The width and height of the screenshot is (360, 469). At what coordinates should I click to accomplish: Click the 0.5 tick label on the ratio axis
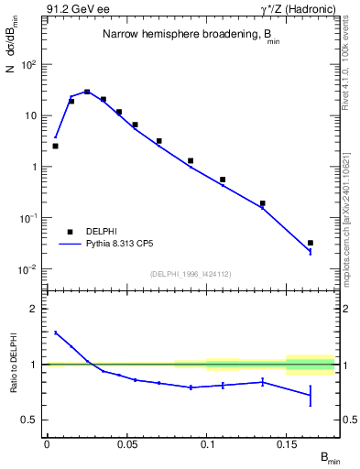[29, 420]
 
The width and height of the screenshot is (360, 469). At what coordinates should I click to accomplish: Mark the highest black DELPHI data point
[87, 92]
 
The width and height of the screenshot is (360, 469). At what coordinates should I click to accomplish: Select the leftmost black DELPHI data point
[55, 146]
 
